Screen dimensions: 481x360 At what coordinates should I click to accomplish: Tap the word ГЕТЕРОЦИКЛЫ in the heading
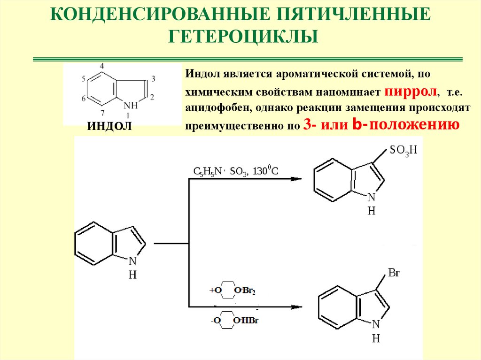(240, 36)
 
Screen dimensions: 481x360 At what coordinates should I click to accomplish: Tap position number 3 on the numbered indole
(154, 77)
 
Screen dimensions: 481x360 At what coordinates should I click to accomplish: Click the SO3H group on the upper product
(403, 151)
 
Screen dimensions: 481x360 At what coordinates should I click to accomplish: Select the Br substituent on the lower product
(394, 272)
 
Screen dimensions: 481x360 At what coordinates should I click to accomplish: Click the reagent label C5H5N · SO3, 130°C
(236, 171)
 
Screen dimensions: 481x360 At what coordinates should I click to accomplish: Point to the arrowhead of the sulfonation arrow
(295, 179)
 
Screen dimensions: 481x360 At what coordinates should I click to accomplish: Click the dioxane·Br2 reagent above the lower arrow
(233, 291)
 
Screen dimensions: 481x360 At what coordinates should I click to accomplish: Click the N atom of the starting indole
(132, 261)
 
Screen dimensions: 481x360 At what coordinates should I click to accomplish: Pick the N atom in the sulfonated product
(371, 198)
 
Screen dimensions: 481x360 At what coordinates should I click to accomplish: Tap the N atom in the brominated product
(375, 325)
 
